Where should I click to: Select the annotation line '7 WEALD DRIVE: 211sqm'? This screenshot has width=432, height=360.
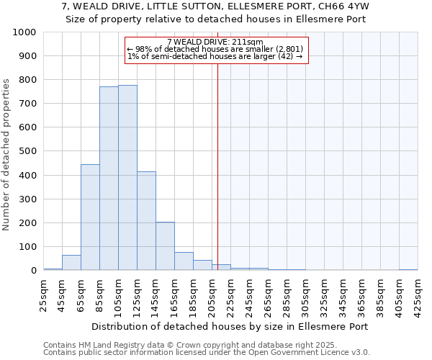(215, 42)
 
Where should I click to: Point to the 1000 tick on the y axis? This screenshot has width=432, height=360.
(25, 32)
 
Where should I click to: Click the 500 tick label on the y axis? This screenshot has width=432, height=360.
(28, 151)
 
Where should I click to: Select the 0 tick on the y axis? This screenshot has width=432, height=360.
(34, 271)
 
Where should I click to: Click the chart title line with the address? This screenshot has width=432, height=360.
(216, 6)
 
